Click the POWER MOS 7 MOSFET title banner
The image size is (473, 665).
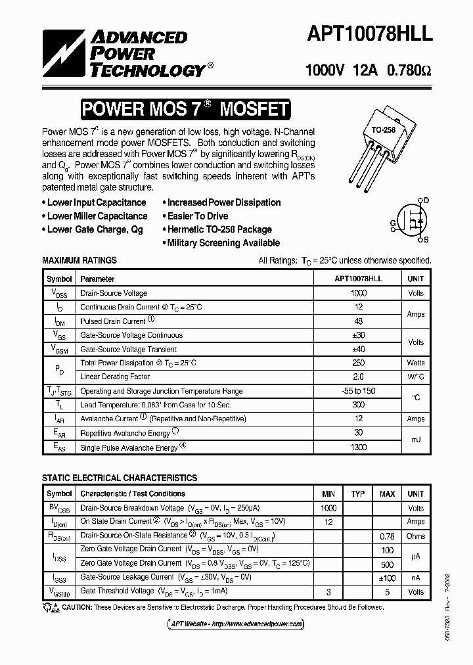point(185,109)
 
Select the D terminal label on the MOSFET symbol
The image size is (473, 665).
point(426,200)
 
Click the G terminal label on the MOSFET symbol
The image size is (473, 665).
point(394,223)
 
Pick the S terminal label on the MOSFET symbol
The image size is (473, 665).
point(426,241)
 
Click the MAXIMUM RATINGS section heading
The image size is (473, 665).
point(79,260)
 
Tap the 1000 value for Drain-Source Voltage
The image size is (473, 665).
point(359,293)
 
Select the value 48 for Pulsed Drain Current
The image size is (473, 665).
point(359,321)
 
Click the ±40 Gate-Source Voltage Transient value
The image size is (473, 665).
point(359,349)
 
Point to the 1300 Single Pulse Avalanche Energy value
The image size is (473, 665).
point(359,447)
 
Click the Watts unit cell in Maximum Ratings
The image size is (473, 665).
point(415,363)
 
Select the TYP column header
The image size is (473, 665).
point(358,493)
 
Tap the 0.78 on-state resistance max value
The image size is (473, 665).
point(388,536)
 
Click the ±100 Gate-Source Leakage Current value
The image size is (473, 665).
point(388,578)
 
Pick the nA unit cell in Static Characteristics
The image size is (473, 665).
point(415,578)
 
